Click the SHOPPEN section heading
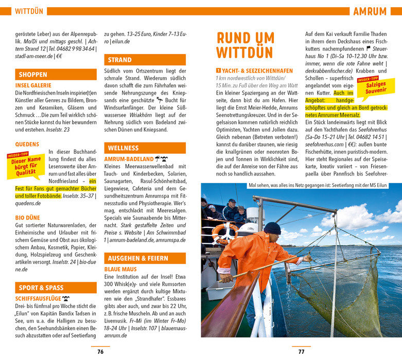coord(33,74)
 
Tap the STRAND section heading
coord(119,60)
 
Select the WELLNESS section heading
coord(123,148)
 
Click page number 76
coord(100,352)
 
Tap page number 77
coord(301,352)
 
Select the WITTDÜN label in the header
coord(29,11)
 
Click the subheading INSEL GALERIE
coord(33,85)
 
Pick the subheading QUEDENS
coord(27,144)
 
